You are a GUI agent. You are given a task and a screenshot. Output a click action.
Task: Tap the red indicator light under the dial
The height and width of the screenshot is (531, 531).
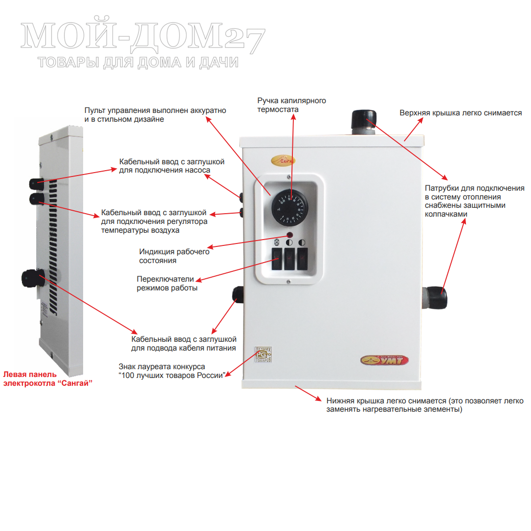(290, 235)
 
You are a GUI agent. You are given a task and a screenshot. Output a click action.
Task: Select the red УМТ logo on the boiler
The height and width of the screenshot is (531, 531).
(384, 361)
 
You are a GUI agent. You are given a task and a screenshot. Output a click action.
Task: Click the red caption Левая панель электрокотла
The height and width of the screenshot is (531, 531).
(48, 378)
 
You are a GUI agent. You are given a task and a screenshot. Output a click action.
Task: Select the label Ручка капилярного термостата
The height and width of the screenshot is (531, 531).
(291, 105)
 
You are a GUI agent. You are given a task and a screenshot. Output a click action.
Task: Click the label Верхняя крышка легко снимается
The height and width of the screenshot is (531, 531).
(461, 113)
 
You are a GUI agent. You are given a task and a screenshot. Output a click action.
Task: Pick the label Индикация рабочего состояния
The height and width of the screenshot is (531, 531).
(174, 256)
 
